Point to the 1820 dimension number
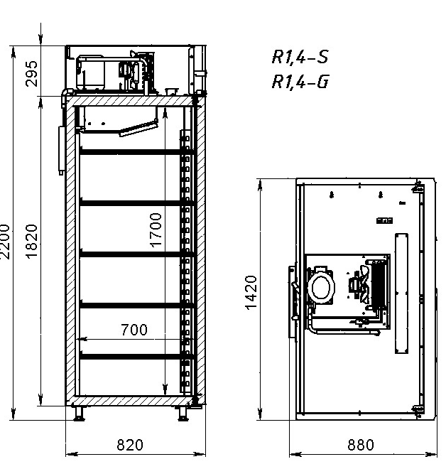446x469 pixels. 32,242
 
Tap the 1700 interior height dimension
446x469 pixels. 157,229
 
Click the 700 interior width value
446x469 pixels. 134,330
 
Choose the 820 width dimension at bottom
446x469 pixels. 129,446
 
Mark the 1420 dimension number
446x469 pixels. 250,293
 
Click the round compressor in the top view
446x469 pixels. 321,289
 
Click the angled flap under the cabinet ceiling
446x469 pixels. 137,128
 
